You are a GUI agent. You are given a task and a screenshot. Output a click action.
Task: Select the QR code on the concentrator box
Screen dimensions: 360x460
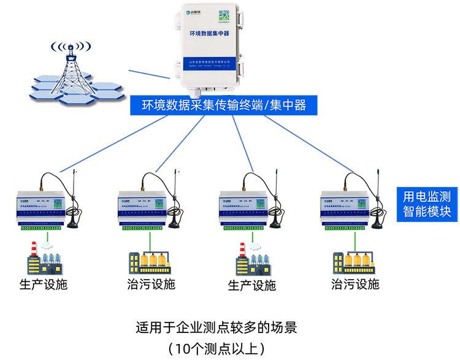tap(225, 15)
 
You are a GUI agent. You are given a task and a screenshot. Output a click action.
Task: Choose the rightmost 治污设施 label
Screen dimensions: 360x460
tap(355, 285)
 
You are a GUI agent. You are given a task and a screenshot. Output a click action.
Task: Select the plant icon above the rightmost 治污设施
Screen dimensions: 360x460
tap(355, 260)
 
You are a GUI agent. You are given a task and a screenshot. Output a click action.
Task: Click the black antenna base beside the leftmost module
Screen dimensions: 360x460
tap(74, 223)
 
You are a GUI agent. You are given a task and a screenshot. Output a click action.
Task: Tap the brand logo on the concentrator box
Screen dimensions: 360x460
tap(193, 14)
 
